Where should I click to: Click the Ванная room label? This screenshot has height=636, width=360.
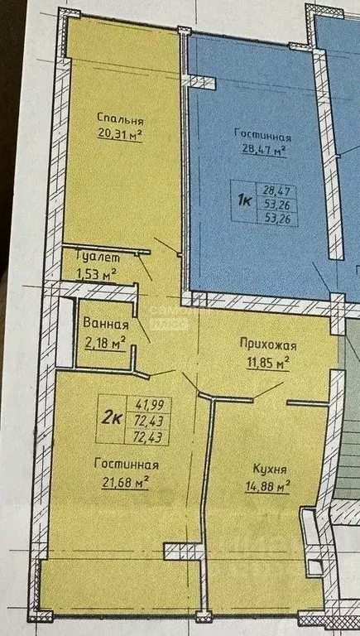pyautogui.click(x=105, y=325)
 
